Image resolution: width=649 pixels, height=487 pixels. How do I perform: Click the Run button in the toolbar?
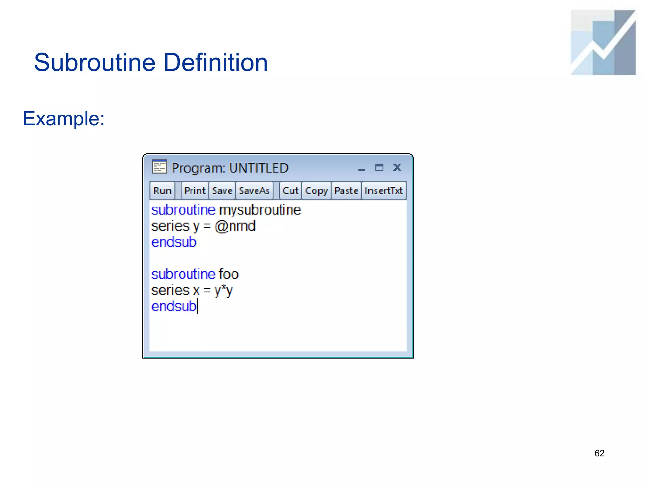(162, 191)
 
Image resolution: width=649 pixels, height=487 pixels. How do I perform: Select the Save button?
(222, 191)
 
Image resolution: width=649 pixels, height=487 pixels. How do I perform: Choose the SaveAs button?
(254, 191)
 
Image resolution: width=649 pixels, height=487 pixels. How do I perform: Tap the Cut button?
(290, 191)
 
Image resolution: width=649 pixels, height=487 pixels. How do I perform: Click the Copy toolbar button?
(316, 191)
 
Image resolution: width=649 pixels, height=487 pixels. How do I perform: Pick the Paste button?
(346, 191)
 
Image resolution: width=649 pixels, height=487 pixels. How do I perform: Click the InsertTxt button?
(383, 191)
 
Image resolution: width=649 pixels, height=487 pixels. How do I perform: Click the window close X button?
(397, 167)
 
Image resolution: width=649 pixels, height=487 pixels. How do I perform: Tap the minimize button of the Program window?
(361, 168)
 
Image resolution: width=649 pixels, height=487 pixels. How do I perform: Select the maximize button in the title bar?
(379, 167)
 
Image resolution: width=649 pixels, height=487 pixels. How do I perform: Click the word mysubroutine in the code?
(260, 210)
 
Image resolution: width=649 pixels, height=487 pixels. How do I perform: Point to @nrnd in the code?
(235, 226)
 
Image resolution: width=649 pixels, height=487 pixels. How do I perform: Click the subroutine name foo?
(228, 274)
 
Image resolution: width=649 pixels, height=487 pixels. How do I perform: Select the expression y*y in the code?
(223, 290)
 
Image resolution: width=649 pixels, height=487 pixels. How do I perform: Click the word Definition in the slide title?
(215, 62)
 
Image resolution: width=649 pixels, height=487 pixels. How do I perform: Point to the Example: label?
(64, 119)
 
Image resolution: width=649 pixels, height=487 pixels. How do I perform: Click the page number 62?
(599, 453)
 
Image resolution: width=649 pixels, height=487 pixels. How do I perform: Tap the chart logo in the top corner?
(603, 42)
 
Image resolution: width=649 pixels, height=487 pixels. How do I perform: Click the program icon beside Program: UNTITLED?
(159, 167)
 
